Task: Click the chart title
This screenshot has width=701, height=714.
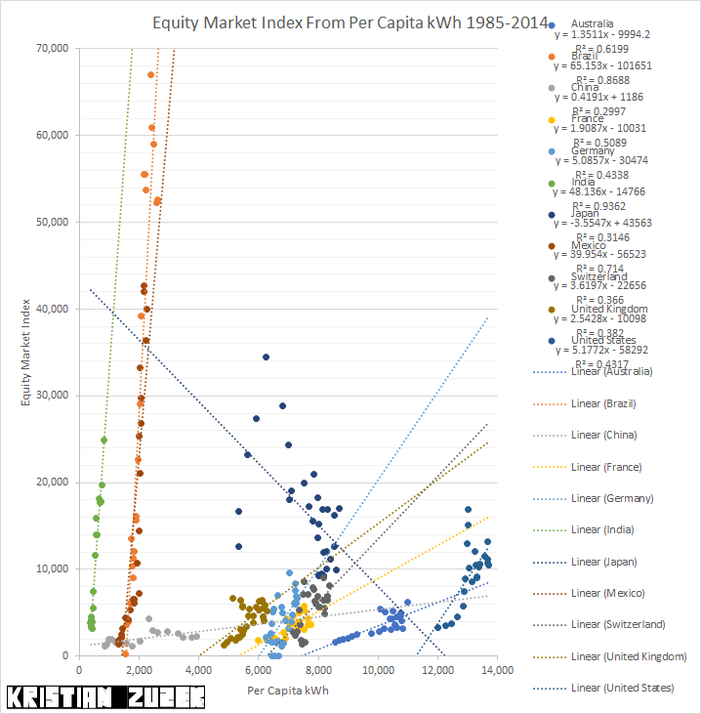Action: coord(341,22)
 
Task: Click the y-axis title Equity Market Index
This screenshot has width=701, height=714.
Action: coord(29,351)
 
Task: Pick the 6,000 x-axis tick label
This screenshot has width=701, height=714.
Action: coord(258,670)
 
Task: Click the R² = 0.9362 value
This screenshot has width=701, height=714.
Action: coord(599,206)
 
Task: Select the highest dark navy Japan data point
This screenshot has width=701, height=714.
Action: coord(266,357)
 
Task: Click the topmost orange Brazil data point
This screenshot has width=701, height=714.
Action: coord(150,75)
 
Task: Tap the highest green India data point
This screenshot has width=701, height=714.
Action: coord(103,441)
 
